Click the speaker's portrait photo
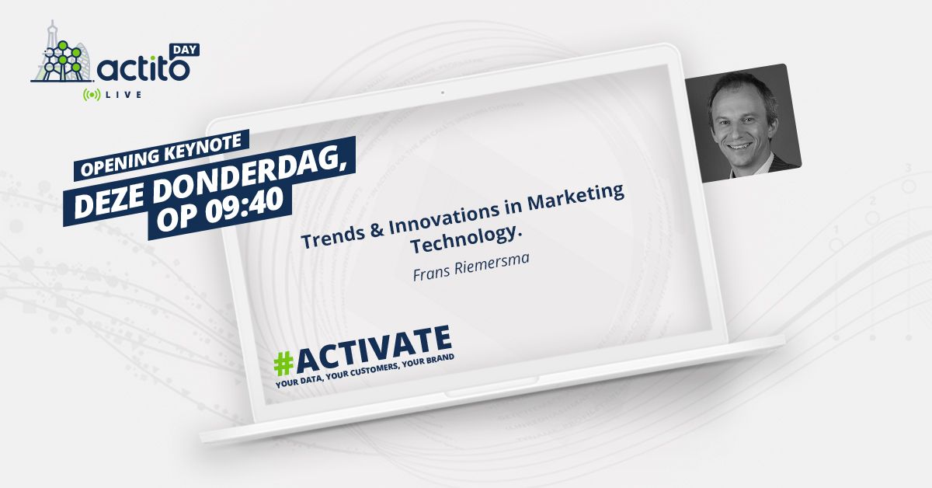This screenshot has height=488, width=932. tap(743, 123)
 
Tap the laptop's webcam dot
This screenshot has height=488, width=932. tap(442, 92)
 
